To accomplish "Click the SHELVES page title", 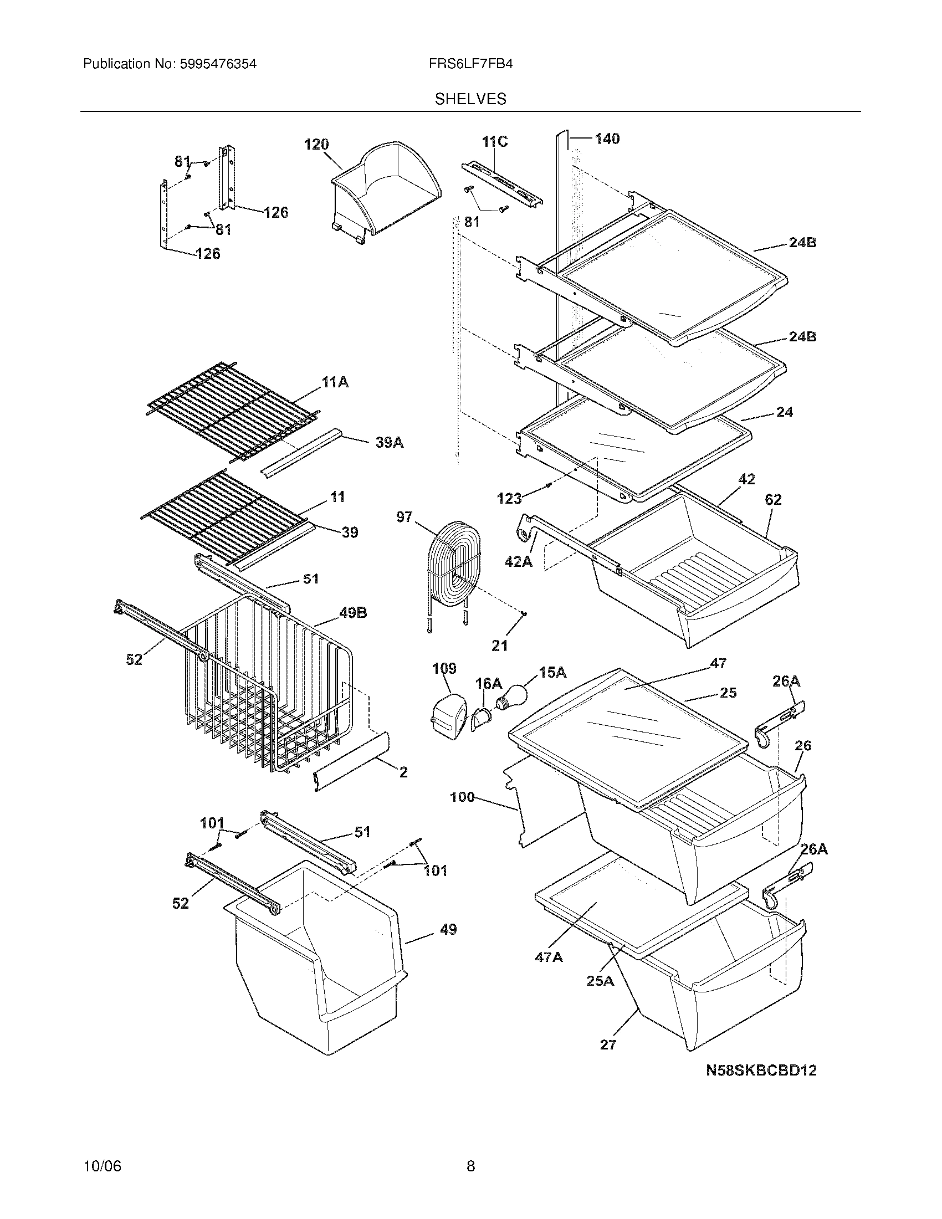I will pyautogui.click(x=470, y=99).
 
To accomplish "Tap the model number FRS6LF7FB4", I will pyautogui.click(x=470, y=64).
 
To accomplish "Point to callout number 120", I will pyautogui.click(x=316, y=145).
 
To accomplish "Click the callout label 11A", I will pyautogui.click(x=335, y=382).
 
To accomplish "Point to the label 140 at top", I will pyautogui.click(x=607, y=139).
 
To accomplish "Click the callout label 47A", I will pyautogui.click(x=548, y=957).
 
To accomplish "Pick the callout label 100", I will pyautogui.click(x=462, y=797).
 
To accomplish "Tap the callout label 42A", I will pyautogui.click(x=519, y=561).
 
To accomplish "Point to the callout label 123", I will pyautogui.click(x=509, y=498).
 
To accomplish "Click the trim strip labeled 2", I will pyautogui.click(x=351, y=762).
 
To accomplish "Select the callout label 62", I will pyautogui.click(x=773, y=500).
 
